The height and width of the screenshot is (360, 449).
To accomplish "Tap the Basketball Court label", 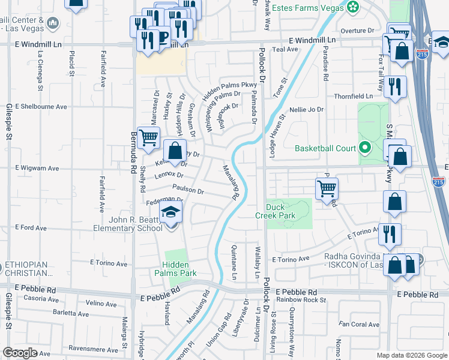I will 326,148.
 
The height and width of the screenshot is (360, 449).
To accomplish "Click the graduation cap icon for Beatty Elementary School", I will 171,213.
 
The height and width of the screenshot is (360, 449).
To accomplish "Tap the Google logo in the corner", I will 20,353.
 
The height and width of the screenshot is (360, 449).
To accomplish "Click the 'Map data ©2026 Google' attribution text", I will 411,355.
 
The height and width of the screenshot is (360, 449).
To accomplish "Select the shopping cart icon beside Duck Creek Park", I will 327,189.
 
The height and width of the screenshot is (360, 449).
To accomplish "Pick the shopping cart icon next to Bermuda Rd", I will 148,137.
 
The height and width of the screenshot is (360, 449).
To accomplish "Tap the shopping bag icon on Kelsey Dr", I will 175,151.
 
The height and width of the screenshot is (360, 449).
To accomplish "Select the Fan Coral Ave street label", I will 360,325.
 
